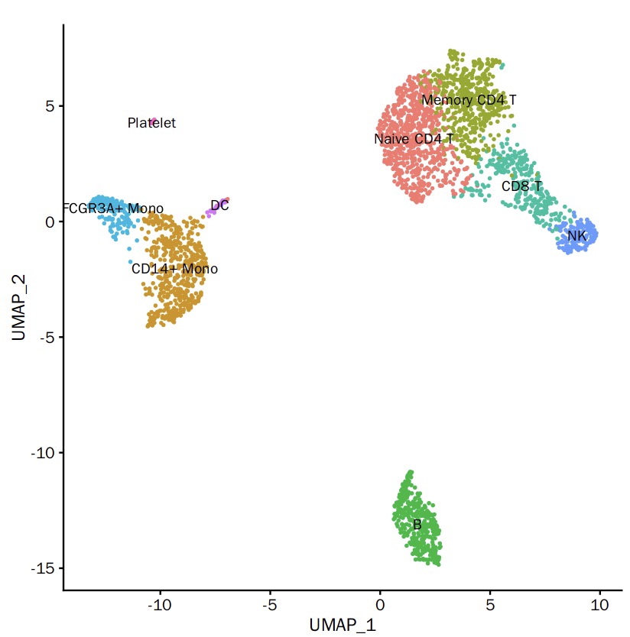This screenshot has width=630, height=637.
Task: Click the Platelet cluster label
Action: [x=151, y=123]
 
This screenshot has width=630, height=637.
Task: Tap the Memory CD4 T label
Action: [x=469, y=100]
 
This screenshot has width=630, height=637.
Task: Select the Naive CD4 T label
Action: [x=414, y=139]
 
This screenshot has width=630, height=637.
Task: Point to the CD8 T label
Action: [x=521, y=186]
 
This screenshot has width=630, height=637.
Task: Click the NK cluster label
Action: [x=576, y=236]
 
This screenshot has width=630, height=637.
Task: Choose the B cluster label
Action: [x=417, y=525]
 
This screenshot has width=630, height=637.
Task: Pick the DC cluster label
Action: [x=219, y=205]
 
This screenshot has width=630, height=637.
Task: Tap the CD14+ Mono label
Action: [x=174, y=269]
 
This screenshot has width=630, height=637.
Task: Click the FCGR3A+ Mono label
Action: [x=113, y=209]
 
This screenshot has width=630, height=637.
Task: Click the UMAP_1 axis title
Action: [x=343, y=624]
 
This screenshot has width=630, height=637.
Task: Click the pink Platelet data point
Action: [x=153, y=121]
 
